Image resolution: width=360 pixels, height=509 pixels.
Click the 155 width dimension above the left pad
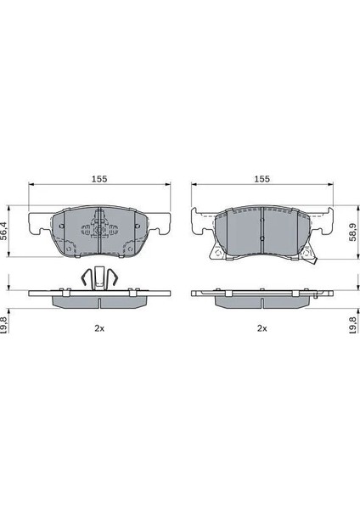tap(99, 179)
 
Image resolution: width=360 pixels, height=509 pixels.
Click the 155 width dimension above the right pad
tap(262, 179)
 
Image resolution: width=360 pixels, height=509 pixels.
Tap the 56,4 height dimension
tap(4, 231)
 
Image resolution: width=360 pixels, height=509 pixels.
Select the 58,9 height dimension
tap(352, 232)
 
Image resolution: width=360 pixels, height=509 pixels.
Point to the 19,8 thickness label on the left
tap(4, 324)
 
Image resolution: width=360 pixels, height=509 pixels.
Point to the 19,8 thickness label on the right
tap(352, 324)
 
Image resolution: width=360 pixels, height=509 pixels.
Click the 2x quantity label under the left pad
tap(99, 328)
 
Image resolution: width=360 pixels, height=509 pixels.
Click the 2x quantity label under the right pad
tap(262, 328)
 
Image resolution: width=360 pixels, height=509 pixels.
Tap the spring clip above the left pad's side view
tap(99, 278)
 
